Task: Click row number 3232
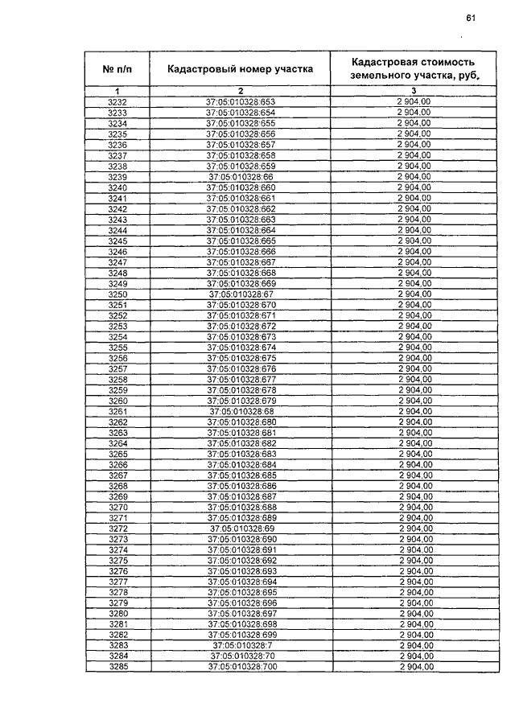click(x=117, y=101)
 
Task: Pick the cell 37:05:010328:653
click(x=241, y=101)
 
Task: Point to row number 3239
click(x=117, y=177)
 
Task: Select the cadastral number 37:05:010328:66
click(x=241, y=177)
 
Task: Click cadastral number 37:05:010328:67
click(x=241, y=295)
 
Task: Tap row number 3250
click(x=117, y=295)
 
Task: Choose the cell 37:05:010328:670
click(x=241, y=306)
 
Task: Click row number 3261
click(x=117, y=411)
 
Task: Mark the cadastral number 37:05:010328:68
click(x=241, y=411)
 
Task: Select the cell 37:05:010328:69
click(x=241, y=529)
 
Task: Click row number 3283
click(x=117, y=646)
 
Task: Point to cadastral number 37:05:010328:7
click(x=241, y=646)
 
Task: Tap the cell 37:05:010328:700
click(x=241, y=667)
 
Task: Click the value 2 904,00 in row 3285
click(x=414, y=667)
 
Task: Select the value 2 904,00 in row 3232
click(x=414, y=101)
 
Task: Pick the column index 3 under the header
click(x=414, y=91)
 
